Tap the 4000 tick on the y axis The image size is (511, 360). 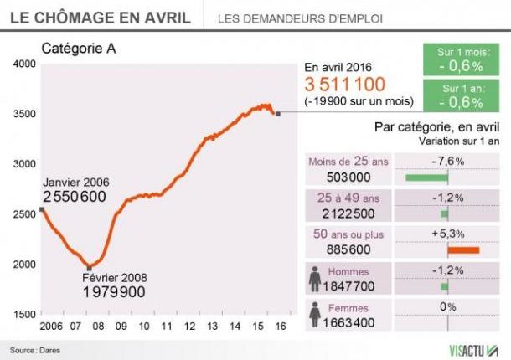[x=24, y=64]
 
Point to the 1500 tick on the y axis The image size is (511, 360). [x=24, y=314]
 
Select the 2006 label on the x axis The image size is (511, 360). [x=52, y=325]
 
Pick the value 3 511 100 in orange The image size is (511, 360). [x=344, y=85]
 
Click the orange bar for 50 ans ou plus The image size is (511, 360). [x=464, y=249]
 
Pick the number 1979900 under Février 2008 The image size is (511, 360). [x=114, y=292]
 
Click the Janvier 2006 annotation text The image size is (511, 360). [x=76, y=182]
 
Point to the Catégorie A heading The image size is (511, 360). [x=78, y=49]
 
